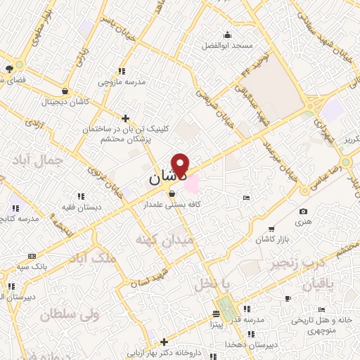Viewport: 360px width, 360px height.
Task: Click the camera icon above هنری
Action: tap(303, 212)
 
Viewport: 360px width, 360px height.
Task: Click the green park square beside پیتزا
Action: tap(226, 307)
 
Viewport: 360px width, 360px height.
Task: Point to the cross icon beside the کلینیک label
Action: tap(125, 118)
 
